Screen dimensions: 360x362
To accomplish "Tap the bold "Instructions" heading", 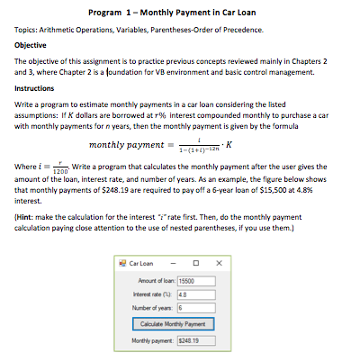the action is click(x=35, y=88).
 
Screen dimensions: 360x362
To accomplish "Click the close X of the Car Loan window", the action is click(x=219, y=262).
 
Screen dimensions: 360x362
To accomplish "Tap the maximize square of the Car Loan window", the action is click(x=196, y=262).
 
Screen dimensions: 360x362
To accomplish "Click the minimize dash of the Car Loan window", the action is click(x=174, y=262).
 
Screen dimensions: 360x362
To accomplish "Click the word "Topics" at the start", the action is click(x=23, y=30).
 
